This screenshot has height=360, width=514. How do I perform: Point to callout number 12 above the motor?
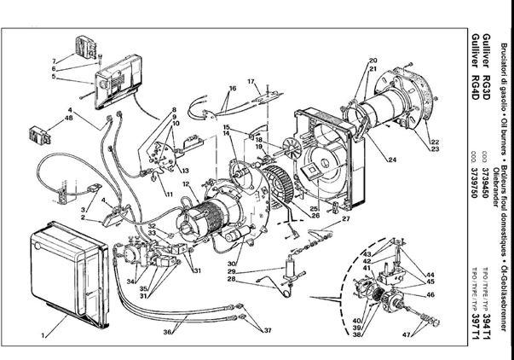(184, 185)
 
